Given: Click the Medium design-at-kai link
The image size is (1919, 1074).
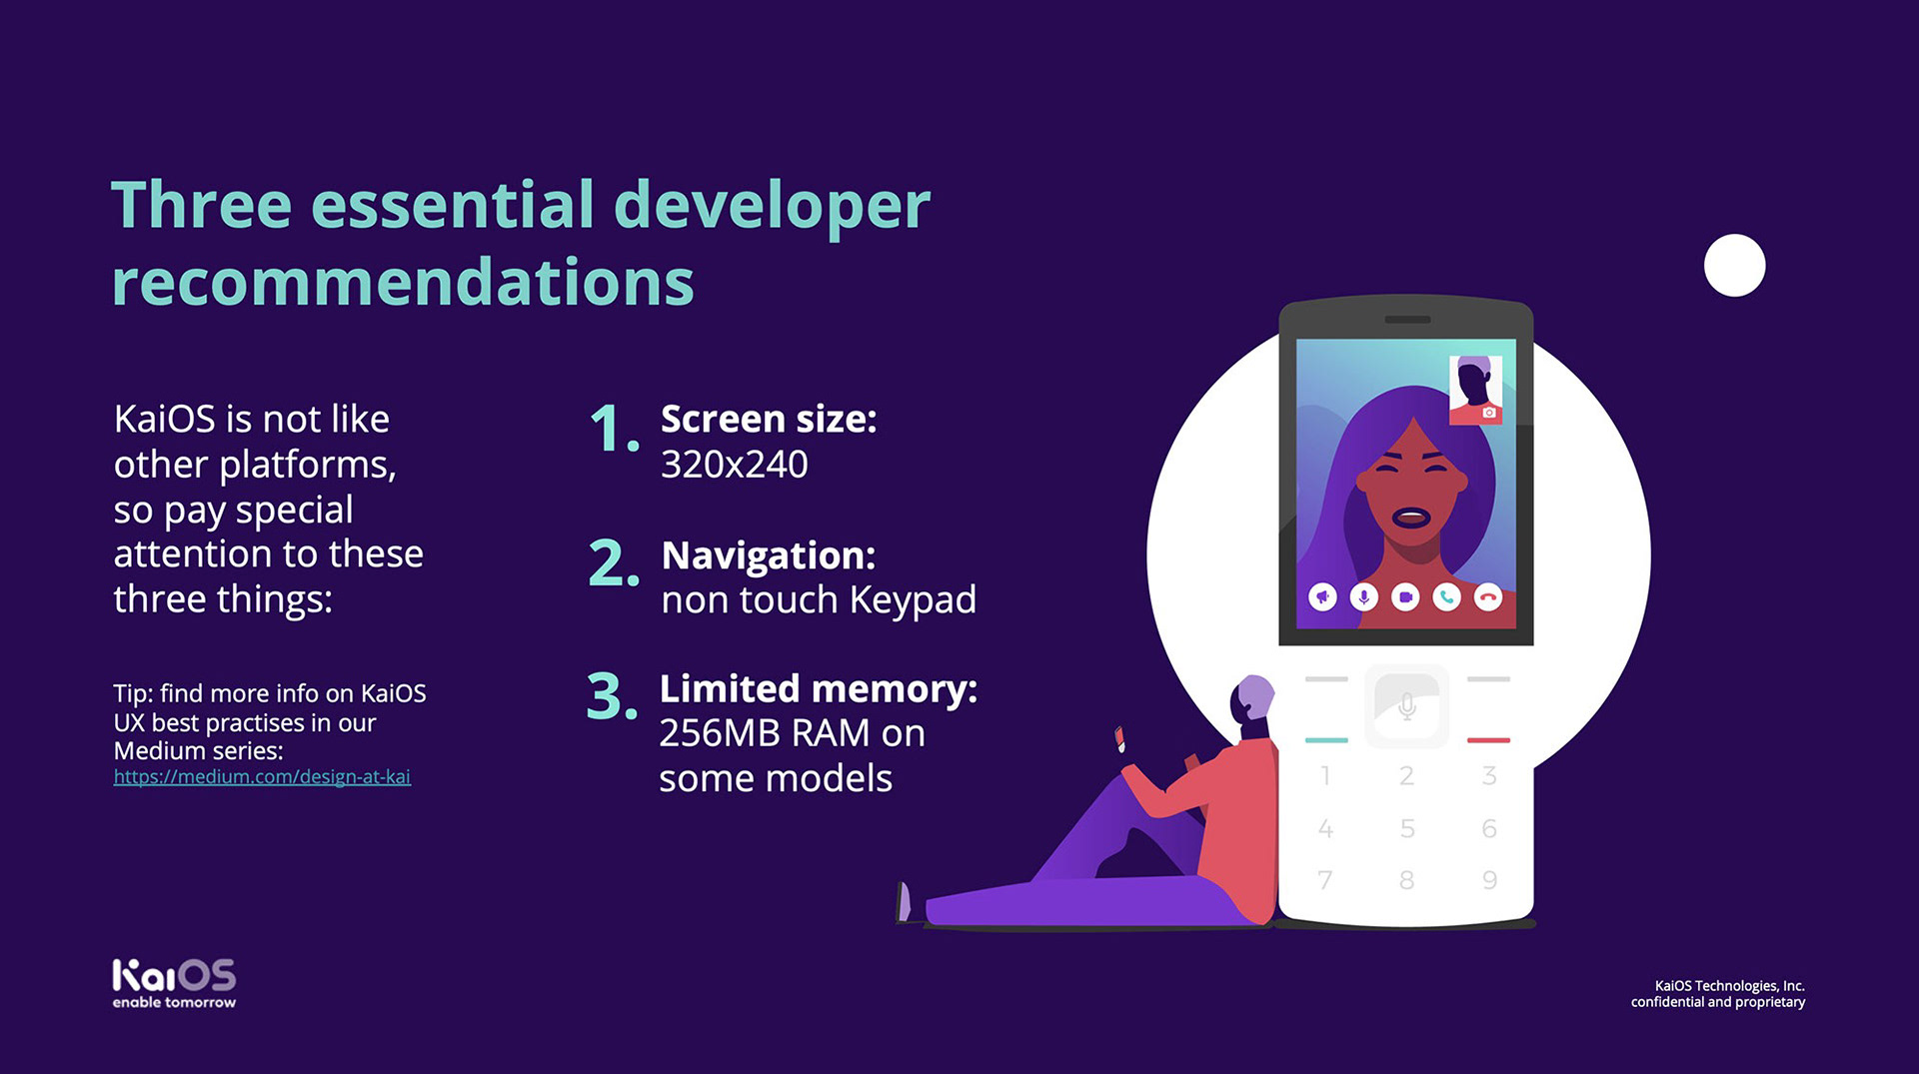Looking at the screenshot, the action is (x=262, y=776).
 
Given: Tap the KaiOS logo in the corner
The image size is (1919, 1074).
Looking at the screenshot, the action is (x=174, y=983).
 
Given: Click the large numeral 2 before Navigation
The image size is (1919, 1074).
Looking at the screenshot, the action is (x=614, y=562).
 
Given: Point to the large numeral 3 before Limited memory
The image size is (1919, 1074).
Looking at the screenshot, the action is (x=612, y=695).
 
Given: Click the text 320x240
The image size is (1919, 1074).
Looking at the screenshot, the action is (x=735, y=465).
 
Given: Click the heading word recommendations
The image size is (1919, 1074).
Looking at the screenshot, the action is (x=403, y=281).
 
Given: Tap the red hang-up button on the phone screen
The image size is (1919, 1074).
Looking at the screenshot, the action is (x=1488, y=597).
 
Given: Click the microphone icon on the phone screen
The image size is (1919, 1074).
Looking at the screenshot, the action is (x=1364, y=597).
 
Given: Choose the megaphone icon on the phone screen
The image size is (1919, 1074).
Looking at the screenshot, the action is (x=1322, y=597).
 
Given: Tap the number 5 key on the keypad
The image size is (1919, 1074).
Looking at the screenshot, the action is (x=1407, y=828).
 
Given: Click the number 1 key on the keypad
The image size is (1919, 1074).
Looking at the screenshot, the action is (x=1325, y=775).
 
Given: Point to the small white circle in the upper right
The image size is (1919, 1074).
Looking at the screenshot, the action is (x=1734, y=265).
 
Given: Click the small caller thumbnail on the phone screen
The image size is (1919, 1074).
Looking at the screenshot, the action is (x=1475, y=390).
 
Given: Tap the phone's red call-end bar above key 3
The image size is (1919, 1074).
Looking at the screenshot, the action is (x=1488, y=740).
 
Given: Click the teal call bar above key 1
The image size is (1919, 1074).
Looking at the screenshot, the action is (x=1326, y=740).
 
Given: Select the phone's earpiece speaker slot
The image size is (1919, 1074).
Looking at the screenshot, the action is (x=1407, y=320).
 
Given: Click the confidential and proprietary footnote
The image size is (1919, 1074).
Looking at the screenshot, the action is (x=1718, y=1002).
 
